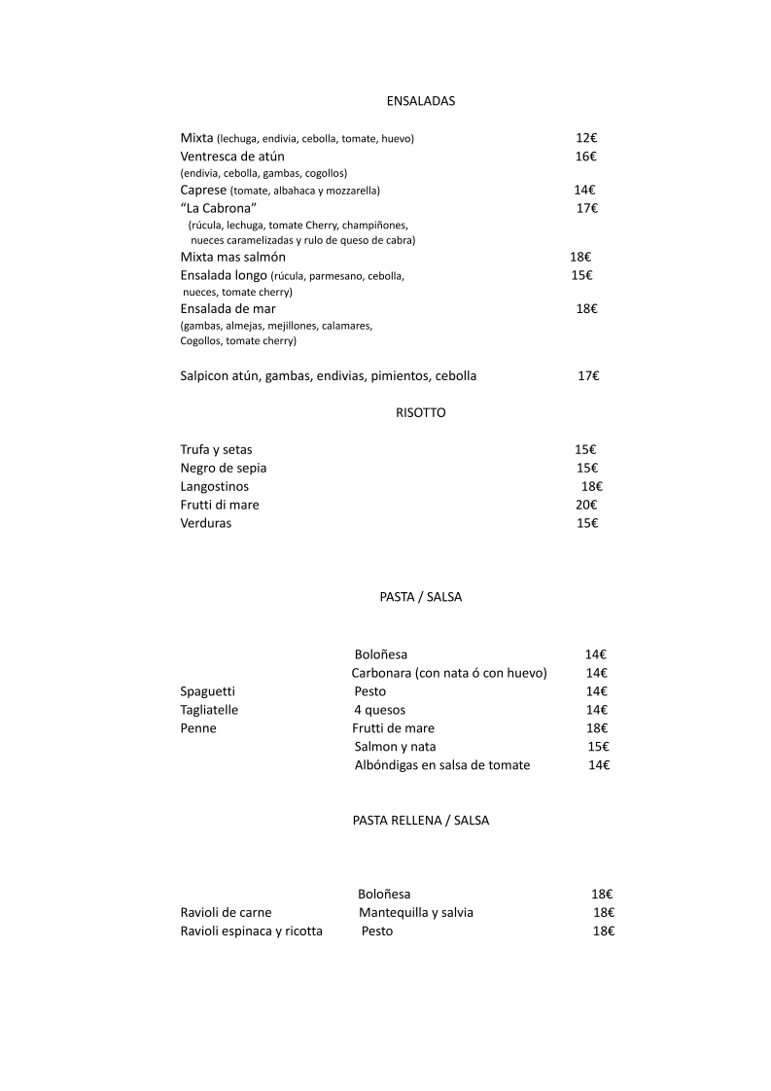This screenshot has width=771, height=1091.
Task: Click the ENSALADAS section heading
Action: [421, 101]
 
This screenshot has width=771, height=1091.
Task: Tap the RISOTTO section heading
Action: [421, 412]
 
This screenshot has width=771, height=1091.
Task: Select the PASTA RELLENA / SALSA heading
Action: [421, 820]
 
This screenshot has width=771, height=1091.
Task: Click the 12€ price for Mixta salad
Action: [585, 138]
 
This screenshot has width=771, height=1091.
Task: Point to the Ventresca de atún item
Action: [232, 157]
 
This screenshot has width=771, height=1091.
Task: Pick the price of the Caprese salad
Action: [583, 191]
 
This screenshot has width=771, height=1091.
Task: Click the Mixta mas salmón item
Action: [233, 258]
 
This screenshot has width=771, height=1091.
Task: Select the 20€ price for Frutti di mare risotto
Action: [586, 506]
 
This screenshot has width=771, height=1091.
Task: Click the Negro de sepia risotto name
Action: [224, 469]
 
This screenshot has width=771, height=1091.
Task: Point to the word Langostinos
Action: [215, 487]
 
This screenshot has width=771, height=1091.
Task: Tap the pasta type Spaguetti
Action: [208, 691]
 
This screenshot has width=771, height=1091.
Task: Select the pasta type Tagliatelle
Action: [209, 710]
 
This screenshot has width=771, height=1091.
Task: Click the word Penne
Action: [198, 728]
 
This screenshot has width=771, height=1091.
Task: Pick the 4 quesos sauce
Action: [380, 710]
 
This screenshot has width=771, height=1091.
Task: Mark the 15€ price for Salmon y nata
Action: [598, 747]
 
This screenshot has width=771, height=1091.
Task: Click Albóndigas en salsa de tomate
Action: [442, 765]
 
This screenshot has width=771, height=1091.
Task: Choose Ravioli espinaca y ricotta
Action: [252, 932]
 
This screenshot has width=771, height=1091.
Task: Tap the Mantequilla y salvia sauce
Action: [416, 913]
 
